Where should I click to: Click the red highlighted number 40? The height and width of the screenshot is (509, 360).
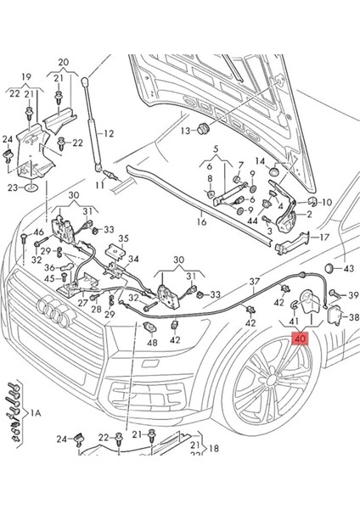(x=301, y=338)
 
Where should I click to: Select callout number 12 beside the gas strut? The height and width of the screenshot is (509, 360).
(x=109, y=133)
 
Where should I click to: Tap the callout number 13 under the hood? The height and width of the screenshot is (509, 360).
(x=185, y=131)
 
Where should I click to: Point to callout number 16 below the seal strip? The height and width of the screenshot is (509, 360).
(x=200, y=222)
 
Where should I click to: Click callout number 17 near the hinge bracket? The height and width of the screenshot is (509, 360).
(x=325, y=238)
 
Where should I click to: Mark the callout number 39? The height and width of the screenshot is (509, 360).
(x=353, y=294)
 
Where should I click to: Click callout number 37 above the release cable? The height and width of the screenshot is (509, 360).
(x=253, y=281)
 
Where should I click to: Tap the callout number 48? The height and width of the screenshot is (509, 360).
(x=152, y=343)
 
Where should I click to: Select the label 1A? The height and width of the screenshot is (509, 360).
(x=37, y=412)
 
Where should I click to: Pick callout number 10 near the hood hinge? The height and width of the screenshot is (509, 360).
(x=327, y=203)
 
